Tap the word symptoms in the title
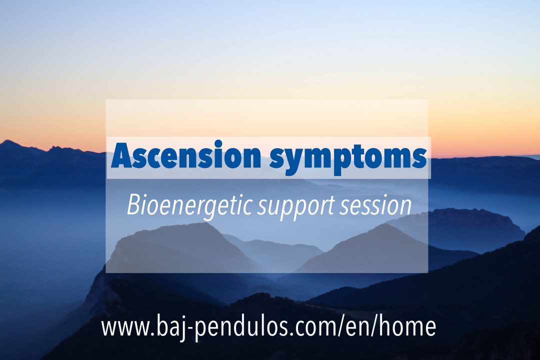[x=348, y=158]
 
